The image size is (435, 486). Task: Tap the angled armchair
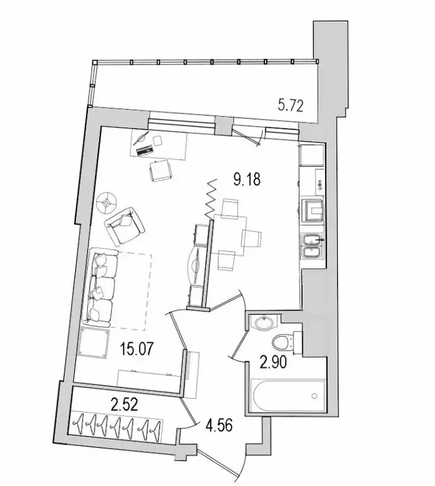[x=125, y=225]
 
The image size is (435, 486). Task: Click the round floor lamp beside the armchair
[x=107, y=201]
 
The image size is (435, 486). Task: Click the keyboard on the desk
[x=144, y=151]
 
